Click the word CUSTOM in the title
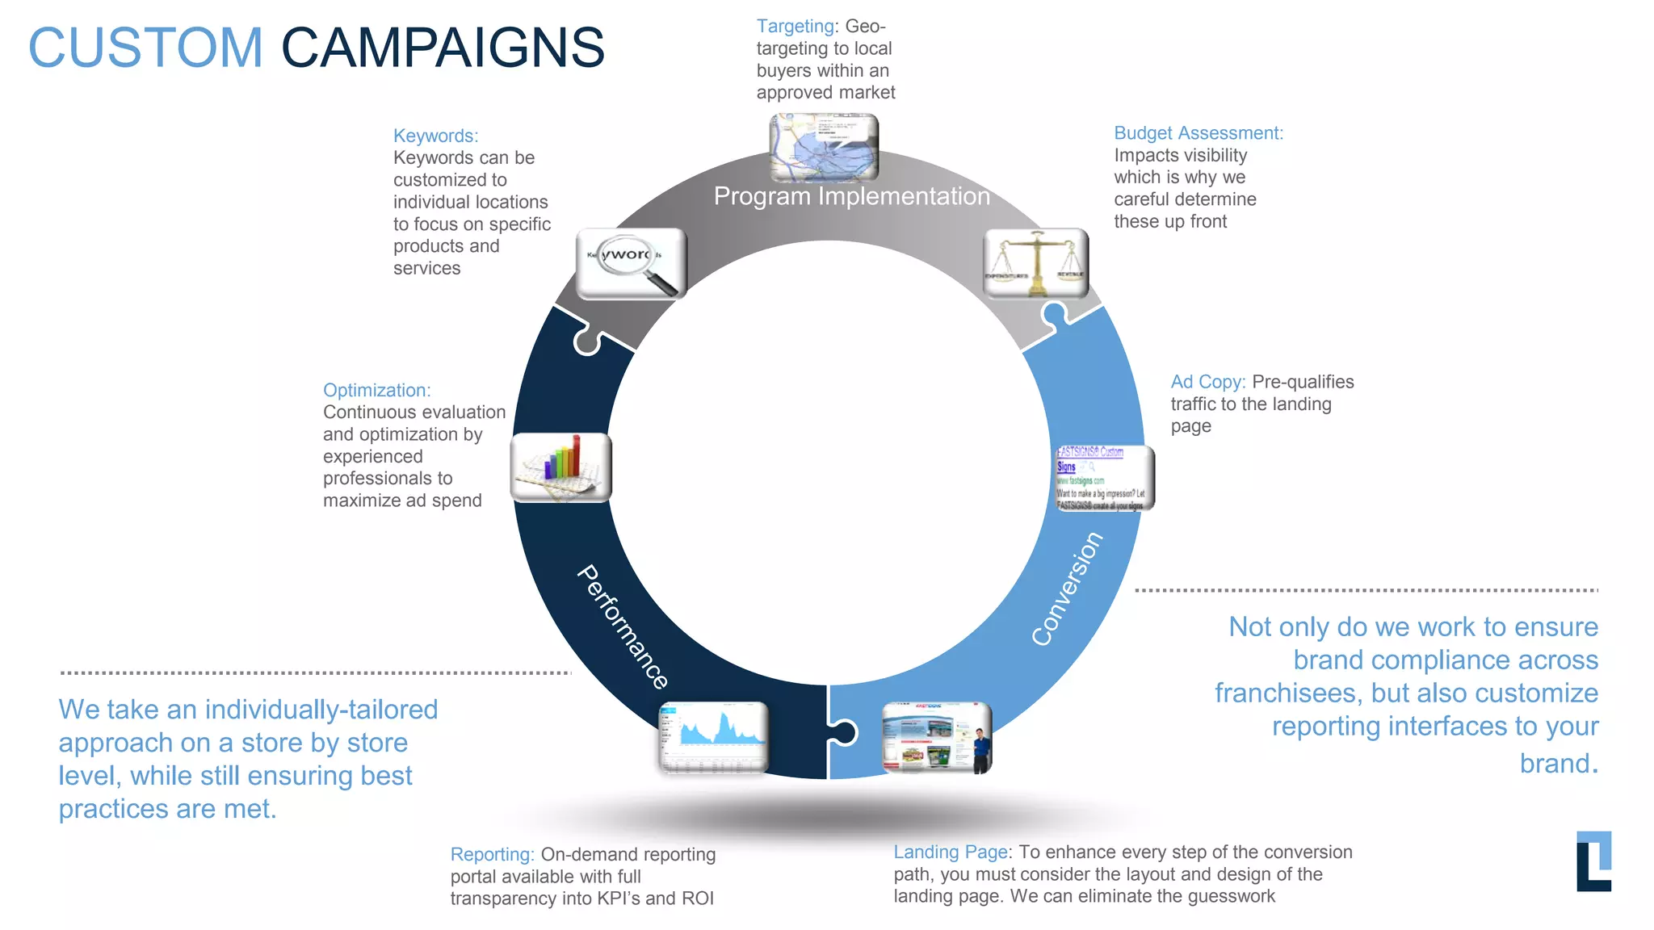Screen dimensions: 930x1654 (x=146, y=48)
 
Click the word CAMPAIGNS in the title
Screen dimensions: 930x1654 (x=443, y=48)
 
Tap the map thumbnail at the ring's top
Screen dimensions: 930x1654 (x=823, y=148)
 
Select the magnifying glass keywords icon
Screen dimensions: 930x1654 (x=632, y=263)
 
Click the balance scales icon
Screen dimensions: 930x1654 (x=1036, y=263)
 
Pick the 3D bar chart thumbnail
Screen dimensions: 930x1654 (x=561, y=467)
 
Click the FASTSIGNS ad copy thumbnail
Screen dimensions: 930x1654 (x=1104, y=478)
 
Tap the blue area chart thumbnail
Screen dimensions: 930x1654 (x=713, y=737)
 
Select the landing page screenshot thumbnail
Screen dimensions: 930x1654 (x=937, y=737)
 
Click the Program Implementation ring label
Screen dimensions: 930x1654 (x=851, y=196)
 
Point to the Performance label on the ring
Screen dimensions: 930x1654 (x=623, y=627)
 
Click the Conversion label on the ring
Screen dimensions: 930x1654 (x=1067, y=589)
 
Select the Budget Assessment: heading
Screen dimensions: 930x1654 (x=1198, y=133)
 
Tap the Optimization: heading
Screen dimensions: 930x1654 (x=376, y=390)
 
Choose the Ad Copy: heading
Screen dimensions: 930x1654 (x=1207, y=382)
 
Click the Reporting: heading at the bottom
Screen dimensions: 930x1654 (x=492, y=854)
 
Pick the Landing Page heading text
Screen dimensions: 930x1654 (x=950, y=852)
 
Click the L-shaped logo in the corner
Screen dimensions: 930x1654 (x=1593, y=861)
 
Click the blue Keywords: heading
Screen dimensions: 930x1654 (x=435, y=136)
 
